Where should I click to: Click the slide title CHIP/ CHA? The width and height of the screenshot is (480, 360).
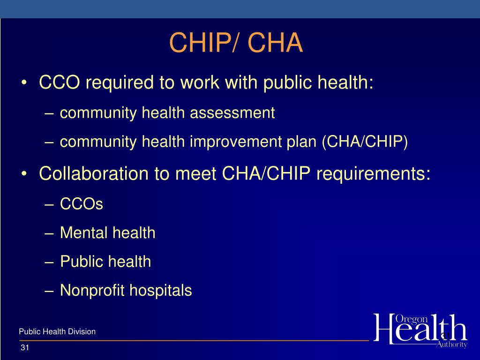click(x=236, y=43)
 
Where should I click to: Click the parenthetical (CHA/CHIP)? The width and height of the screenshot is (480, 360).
click(x=365, y=142)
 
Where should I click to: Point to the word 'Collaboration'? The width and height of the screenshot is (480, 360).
click(x=94, y=173)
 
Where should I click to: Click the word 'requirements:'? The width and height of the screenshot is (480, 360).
click(x=373, y=173)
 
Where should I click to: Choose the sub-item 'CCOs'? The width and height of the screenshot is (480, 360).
click(x=82, y=204)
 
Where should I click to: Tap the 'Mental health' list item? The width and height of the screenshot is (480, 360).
click(x=107, y=232)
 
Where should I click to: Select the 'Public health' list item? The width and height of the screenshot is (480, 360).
click(x=105, y=262)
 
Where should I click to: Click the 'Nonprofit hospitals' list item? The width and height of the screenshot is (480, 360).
click(x=126, y=291)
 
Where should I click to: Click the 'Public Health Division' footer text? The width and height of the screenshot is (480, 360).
click(x=57, y=332)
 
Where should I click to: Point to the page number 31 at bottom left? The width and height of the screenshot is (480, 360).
click(x=25, y=348)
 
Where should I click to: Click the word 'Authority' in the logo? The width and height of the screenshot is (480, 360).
click(x=451, y=345)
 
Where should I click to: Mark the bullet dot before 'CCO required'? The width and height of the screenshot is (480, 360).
click(x=24, y=84)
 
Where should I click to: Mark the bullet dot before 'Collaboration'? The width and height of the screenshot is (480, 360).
click(x=24, y=174)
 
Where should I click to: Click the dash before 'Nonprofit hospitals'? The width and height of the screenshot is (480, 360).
click(x=51, y=292)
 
